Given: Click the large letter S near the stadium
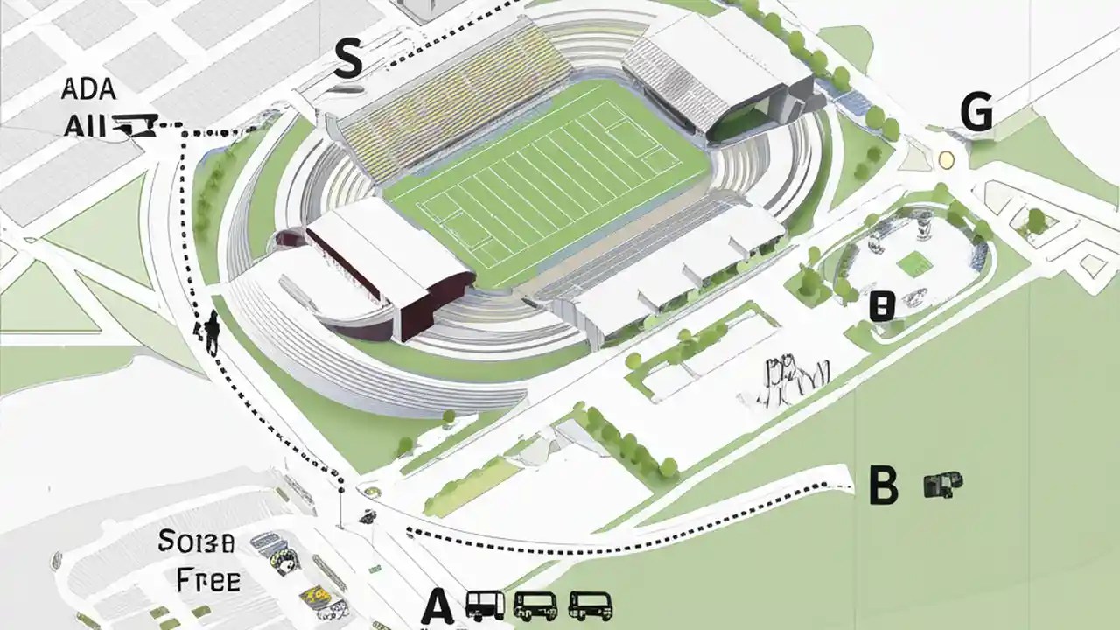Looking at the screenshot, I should pyautogui.click(x=348, y=61).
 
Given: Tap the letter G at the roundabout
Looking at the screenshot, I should pyautogui.click(x=976, y=114).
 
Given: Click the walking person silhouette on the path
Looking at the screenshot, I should pyautogui.click(x=211, y=331).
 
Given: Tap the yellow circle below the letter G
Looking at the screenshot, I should pyautogui.click(x=946, y=159).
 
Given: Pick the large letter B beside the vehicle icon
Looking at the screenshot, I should pyautogui.click(x=883, y=486).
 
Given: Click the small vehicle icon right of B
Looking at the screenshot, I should pyautogui.click(x=942, y=484).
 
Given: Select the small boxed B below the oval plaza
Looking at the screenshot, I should pyautogui.click(x=881, y=307).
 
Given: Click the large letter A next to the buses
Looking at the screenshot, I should pyautogui.click(x=438, y=605).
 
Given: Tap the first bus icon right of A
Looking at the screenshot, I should pyautogui.click(x=486, y=605).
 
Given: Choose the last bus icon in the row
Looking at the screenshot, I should pyautogui.click(x=591, y=605).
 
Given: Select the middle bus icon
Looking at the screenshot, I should pyautogui.click(x=535, y=605).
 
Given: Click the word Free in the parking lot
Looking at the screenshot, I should pyautogui.click(x=208, y=579).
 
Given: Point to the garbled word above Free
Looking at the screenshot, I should pyautogui.click(x=196, y=542).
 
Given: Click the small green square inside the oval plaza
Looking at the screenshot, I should pyautogui.click(x=915, y=262).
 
